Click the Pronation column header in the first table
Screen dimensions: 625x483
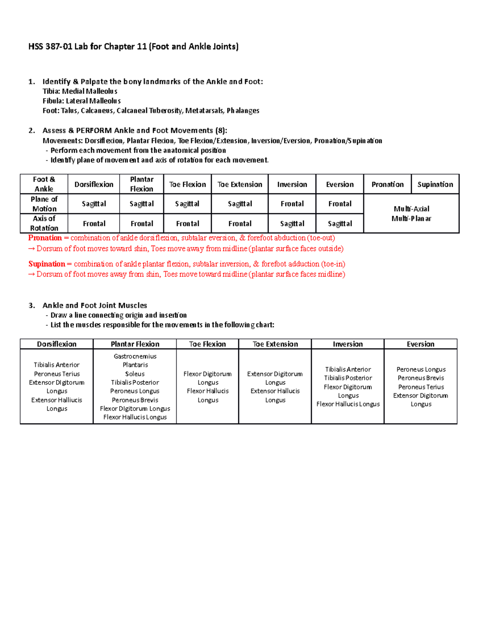tap(387, 184)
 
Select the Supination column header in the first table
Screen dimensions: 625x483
tap(435, 184)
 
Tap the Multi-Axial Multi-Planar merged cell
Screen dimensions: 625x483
tap(411, 214)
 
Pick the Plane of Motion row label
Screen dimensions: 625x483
tap(44, 204)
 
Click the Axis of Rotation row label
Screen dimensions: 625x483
tap(44, 223)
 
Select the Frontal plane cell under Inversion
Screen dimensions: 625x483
tap(292, 204)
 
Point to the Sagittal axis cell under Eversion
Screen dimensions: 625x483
tap(340, 224)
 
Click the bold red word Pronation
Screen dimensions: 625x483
tap(45, 238)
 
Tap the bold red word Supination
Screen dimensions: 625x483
tap(47, 264)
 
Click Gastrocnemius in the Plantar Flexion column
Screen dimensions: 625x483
tap(135, 356)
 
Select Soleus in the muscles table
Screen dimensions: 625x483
tap(135, 374)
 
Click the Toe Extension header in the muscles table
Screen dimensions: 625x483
tap(275, 344)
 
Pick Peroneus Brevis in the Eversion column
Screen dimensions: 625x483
tap(421, 378)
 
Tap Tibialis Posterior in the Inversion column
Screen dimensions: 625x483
tap(348, 378)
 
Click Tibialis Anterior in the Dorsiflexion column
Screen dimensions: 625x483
tap(57, 365)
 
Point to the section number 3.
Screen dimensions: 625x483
tap(31, 305)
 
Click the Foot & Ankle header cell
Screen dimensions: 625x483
tap(44, 184)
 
